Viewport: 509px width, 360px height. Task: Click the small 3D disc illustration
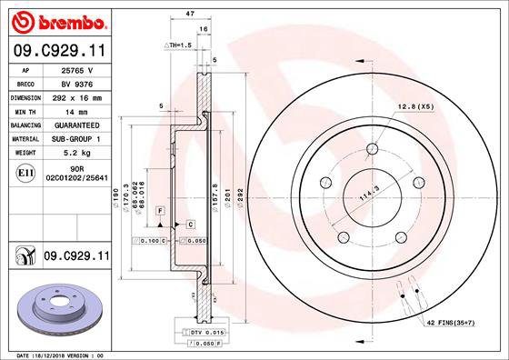[56, 309]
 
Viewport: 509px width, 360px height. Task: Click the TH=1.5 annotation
[177, 45]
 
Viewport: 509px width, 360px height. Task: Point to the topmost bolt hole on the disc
[372, 151]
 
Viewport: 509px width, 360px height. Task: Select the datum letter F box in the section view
[160, 211]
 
